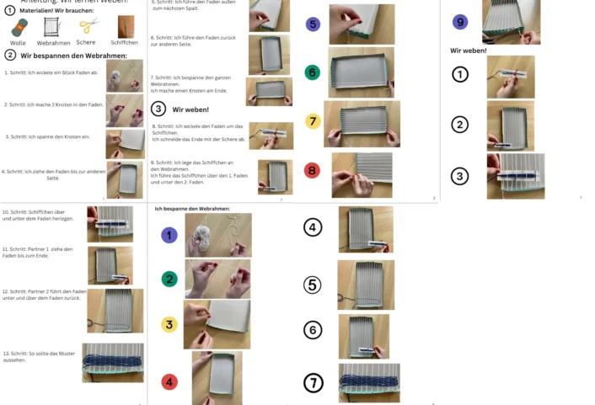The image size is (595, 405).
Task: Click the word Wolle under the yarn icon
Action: pyautogui.click(x=18, y=42)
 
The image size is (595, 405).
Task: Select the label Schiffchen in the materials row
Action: pyautogui.click(x=124, y=42)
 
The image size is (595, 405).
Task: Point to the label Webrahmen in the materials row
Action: pyautogui.click(x=53, y=42)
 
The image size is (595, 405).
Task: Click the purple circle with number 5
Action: pyautogui.click(x=313, y=24)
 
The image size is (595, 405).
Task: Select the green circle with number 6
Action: pyautogui.click(x=313, y=73)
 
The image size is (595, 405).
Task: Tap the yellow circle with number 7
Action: pyautogui.click(x=313, y=121)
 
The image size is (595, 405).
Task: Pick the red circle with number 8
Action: pyautogui.click(x=313, y=171)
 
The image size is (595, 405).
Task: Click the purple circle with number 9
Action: pyautogui.click(x=460, y=22)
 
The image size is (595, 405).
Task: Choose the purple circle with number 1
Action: pyautogui.click(x=169, y=235)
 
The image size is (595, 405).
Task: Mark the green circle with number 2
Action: pyautogui.click(x=169, y=280)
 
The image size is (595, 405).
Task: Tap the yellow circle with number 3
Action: pyautogui.click(x=169, y=324)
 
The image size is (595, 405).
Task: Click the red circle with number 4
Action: pyautogui.click(x=169, y=381)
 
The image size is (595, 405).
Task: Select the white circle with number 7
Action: pyautogui.click(x=313, y=383)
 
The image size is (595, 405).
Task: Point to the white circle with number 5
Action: pyautogui.click(x=313, y=285)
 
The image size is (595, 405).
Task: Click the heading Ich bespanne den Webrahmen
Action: pyautogui.click(x=192, y=208)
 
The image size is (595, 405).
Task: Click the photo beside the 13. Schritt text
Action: pyautogui.click(x=113, y=362)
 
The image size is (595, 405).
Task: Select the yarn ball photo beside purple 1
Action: pyautogui.click(x=217, y=235)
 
